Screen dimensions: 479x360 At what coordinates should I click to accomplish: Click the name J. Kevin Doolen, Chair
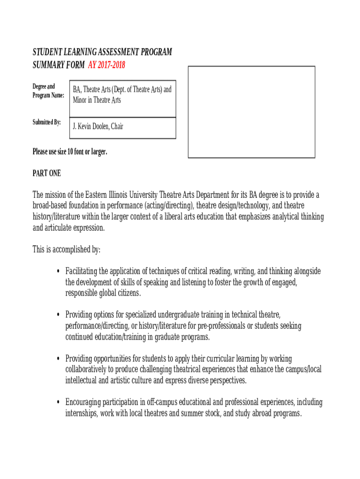[x=98, y=126]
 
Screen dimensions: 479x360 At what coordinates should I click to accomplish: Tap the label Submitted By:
[x=47, y=123]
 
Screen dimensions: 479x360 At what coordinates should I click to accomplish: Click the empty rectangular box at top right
[x=252, y=111]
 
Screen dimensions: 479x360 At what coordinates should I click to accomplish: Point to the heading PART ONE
[x=47, y=174]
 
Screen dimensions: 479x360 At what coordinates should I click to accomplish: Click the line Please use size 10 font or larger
[x=70, y=152]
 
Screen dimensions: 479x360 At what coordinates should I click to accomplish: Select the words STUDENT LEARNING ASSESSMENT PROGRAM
[x=102, y=52]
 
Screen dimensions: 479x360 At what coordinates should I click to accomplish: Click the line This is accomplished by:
[x=66, y=249]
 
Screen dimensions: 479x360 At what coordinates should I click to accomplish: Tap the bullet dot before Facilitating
[x=57, y=272]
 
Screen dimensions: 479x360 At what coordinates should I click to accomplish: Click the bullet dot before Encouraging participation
[x=57, y=403]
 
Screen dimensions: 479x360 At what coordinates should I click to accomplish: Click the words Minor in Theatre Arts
[x=97, y=100]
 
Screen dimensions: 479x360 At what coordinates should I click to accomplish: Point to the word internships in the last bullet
[x=81, y=414]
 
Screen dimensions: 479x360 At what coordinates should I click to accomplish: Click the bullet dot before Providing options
[x=57, y=315]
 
